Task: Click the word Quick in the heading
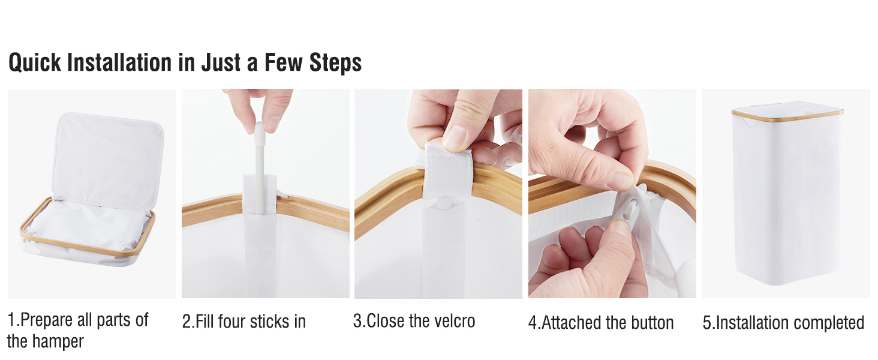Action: (35, 63)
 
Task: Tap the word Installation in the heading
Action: (119, 62)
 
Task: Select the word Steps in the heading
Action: (335, 63)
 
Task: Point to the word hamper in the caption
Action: (58, 341)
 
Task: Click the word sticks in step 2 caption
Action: (269, 322)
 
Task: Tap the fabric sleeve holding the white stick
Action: (260, 235)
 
